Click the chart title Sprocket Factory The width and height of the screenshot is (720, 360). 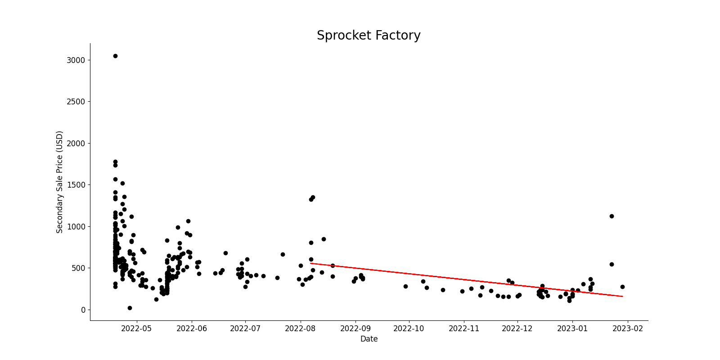369,36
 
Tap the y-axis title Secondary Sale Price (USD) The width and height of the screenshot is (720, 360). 60,182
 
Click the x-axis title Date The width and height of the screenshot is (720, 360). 369,339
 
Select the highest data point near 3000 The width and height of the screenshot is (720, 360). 115,56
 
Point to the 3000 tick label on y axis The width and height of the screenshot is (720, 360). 76,60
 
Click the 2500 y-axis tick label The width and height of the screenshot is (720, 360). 76,102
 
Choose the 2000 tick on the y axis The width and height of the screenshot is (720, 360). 76,144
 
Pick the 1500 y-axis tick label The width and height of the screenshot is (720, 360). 76,185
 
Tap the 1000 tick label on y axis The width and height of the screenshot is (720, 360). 76,227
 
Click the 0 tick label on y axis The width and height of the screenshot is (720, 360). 83,310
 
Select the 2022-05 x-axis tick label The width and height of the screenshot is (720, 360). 137,328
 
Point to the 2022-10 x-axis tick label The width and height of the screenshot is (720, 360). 409,328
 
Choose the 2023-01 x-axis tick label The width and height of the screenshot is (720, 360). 572,328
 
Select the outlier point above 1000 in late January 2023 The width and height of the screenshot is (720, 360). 612,216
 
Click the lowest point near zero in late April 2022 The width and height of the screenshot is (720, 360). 130,308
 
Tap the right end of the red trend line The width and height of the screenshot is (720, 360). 622,296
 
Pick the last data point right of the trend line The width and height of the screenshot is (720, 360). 622,287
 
